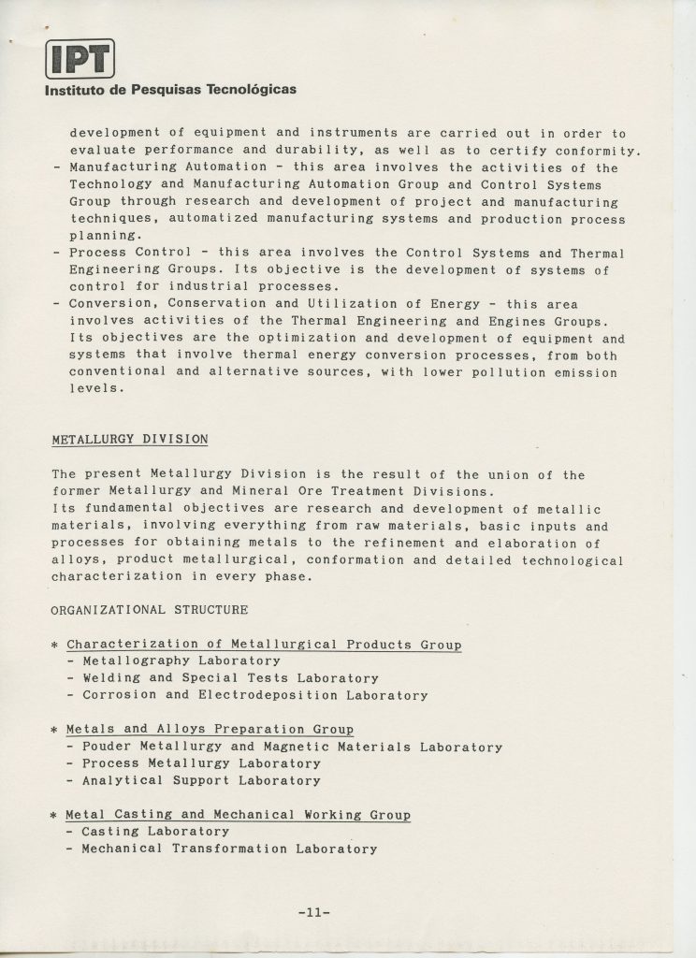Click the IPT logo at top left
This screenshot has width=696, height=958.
(x=79, y=59)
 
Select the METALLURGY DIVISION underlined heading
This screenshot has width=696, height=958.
(x=130, y=439)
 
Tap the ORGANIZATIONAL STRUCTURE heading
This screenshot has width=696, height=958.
(x=150, y=610)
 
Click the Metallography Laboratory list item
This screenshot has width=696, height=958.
(x=181, y=661)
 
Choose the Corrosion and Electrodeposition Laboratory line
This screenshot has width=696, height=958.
(x=254, y=695)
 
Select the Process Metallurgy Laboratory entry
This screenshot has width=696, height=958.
(x=201, y=763)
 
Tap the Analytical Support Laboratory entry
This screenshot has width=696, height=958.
(x=201, y=780)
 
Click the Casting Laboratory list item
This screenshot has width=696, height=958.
(x=155, y=832)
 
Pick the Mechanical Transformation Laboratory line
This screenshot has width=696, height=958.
(x=229, y=849)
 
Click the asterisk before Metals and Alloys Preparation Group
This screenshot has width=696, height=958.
(x=55, y=731)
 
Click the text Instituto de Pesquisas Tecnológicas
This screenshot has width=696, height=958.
(x=170, y=91)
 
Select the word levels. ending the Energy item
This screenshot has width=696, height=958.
(x=98, y=390)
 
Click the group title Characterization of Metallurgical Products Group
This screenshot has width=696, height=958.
(x=264, y=645)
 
